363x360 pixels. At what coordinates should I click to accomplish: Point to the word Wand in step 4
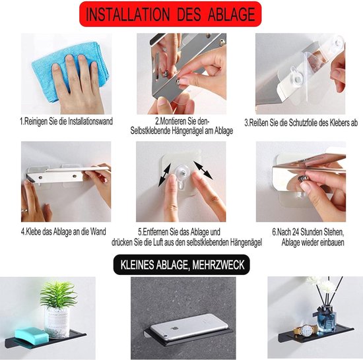pos(98,231)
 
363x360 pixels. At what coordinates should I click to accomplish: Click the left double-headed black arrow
pos(165,175)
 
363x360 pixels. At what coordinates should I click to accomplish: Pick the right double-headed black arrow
pos(203,170)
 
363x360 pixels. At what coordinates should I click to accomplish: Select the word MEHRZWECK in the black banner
pos(218,265)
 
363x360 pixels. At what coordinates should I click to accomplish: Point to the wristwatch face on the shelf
pos(306,329)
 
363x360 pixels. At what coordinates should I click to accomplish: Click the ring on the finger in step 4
pos(24,210)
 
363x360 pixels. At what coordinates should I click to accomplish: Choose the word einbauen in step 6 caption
pos(333,243)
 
